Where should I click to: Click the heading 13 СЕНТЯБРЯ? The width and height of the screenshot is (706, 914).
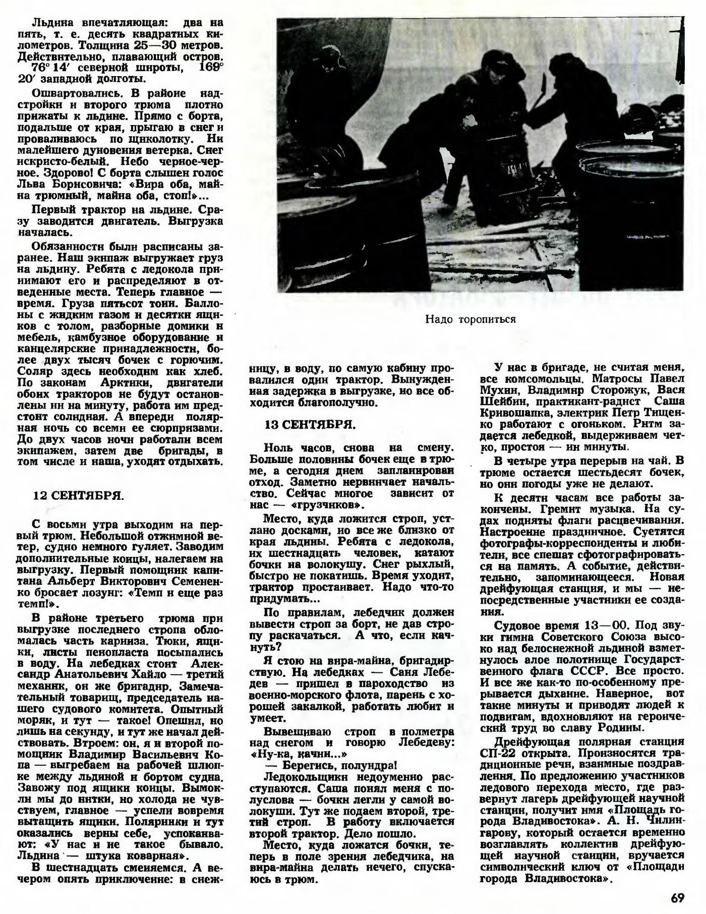[310, 425]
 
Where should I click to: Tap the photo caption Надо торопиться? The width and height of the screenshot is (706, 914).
[470, 319]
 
